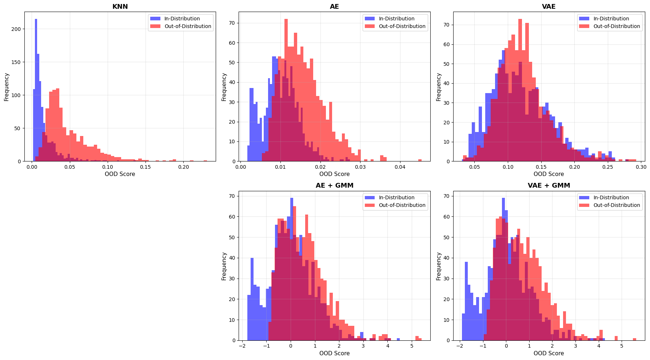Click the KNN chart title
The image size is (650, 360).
120,7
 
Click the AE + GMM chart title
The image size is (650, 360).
334,185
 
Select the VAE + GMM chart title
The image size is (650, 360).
549,185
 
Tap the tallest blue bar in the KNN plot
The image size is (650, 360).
36,90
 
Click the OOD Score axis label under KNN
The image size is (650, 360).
120,174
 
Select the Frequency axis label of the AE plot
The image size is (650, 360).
224,87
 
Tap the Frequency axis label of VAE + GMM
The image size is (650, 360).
439,266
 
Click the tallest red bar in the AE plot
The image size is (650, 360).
286,90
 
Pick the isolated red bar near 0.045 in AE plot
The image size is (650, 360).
420,160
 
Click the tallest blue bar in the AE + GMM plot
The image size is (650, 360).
292,269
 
